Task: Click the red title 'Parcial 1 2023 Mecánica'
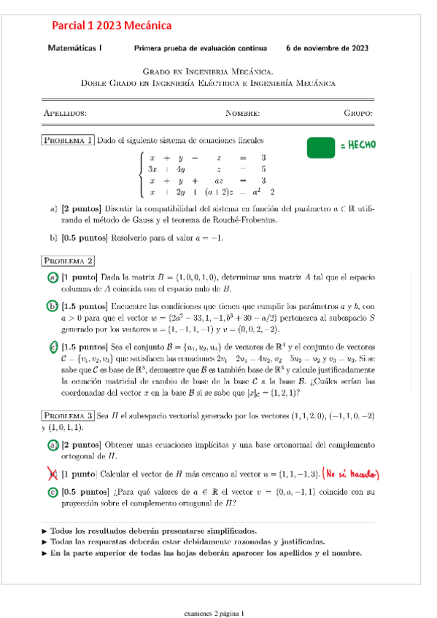tap(112, 26)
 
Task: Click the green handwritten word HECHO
tap(357, 146)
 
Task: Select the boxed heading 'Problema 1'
tap(67, 140)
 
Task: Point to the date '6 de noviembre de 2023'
tap(327, 49)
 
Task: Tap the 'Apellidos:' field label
tap(65, 114)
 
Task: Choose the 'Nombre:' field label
tap(242, 114)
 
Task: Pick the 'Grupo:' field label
tap(358, 114)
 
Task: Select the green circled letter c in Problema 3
tap(53, 493)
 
